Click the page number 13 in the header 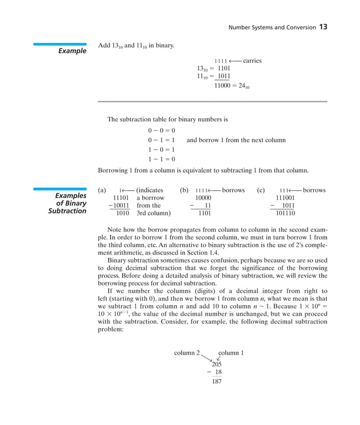(x=323, y=27)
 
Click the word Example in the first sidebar (x=72, y=51)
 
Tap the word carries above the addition (x=252, y=60)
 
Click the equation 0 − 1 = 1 (x=161, y=140)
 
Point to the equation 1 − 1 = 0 (x=161, y=159)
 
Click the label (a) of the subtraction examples (x=102, y=190)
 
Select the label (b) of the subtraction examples (x=184, y=190)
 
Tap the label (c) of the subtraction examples (x=261, y=190)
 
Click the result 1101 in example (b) (x=204, y=214)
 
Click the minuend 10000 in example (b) (x=203, y=198)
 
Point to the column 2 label (x=187, y=353)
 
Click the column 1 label (x=231, y=353)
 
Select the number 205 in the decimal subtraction (x=216, y=364)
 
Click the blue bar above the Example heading (x=59, y=44)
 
